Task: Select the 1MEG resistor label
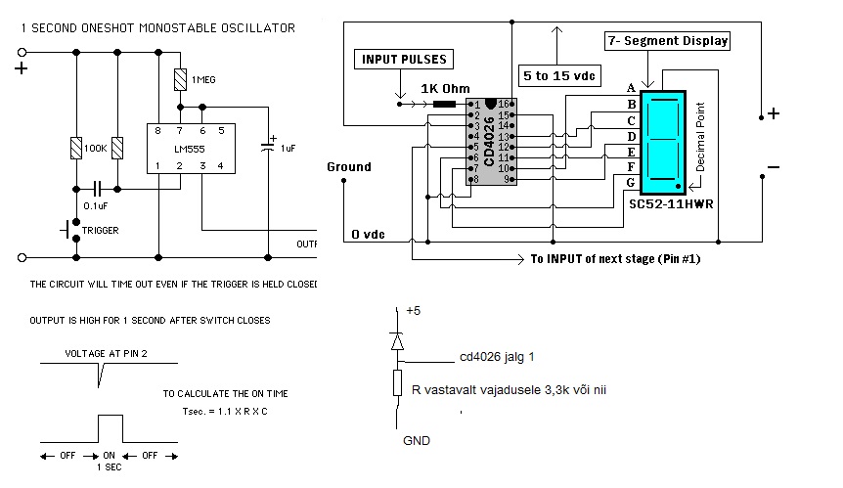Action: [204, 78]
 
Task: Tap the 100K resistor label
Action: [95, 148]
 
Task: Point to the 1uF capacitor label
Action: [287, 148]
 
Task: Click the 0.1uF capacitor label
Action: [96, 206]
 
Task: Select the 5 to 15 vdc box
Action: [556, 74]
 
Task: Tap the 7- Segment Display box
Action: [666, 42]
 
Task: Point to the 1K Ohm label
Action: [441, 88]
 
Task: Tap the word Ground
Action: [349, 166]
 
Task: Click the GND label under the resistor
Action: [416, 441]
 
